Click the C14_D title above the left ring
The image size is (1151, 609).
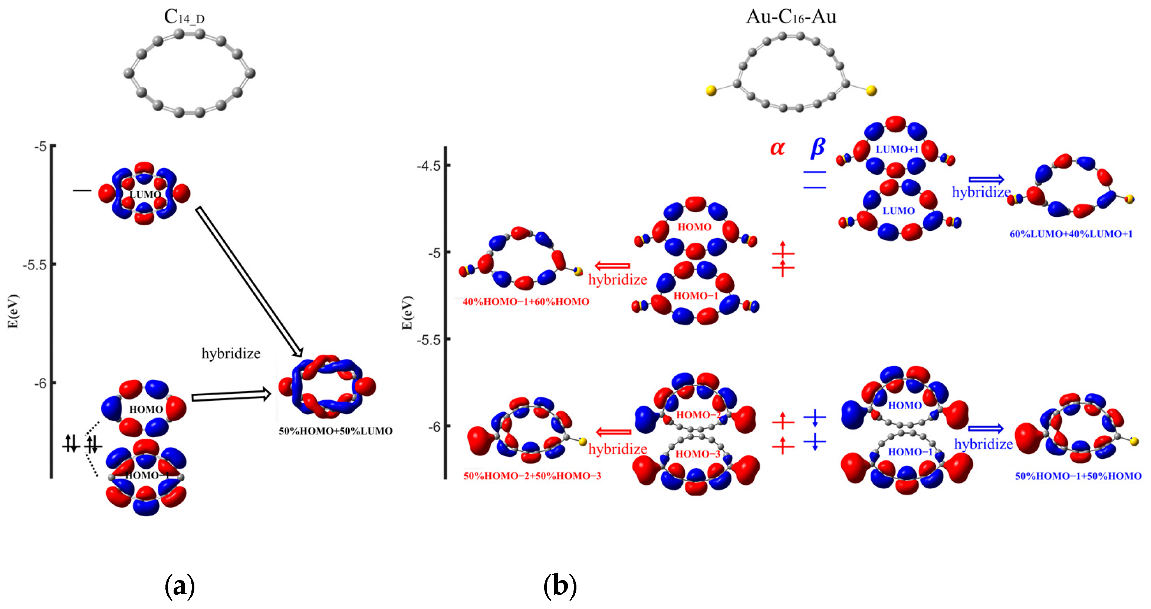point(184,17)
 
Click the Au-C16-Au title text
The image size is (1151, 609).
point(791,17)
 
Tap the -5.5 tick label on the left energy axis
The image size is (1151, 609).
point(34,265)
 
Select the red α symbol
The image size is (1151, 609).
point(777,148)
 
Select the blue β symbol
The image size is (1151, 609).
point(818,148)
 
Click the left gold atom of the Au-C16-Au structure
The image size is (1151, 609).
point(710,91)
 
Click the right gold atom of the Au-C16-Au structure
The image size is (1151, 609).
point(871,91)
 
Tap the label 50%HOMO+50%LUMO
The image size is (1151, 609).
point(336,431)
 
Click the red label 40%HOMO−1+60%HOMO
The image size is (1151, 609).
point(526,302)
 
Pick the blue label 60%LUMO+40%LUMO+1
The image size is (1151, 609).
point(1071,234)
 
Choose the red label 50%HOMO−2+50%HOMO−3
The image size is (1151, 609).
point(532,476)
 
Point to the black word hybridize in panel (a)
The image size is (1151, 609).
point(231,354)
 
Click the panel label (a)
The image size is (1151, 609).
point(180,586)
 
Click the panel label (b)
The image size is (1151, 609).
point(560,586)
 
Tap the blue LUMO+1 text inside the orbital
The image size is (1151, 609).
point(897,149)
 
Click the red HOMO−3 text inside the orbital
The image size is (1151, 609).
point(697,454)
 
